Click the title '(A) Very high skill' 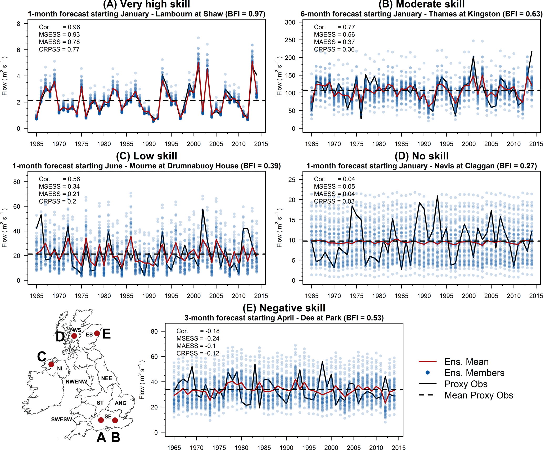point(146,4)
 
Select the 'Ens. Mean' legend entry point(466,362)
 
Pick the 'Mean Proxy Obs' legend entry point(478,395)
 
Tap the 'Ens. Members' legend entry point(474,373)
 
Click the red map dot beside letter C point(51,364)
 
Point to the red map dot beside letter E point(97,333)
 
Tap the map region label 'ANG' point(121,403)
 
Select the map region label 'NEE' point(106,378)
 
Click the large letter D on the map point(60,337)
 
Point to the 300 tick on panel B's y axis point(290,22)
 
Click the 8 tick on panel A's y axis point(18,24)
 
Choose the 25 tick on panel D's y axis point(292,180)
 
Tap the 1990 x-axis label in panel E point(286,448)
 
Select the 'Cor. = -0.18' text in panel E point(198,331)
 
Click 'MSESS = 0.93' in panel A point(59,34)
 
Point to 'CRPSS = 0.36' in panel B point(334,49)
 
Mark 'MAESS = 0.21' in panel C point(59,194)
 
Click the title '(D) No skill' point(421,156)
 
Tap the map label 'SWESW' point(61,420)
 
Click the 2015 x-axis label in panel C point(261,296)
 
